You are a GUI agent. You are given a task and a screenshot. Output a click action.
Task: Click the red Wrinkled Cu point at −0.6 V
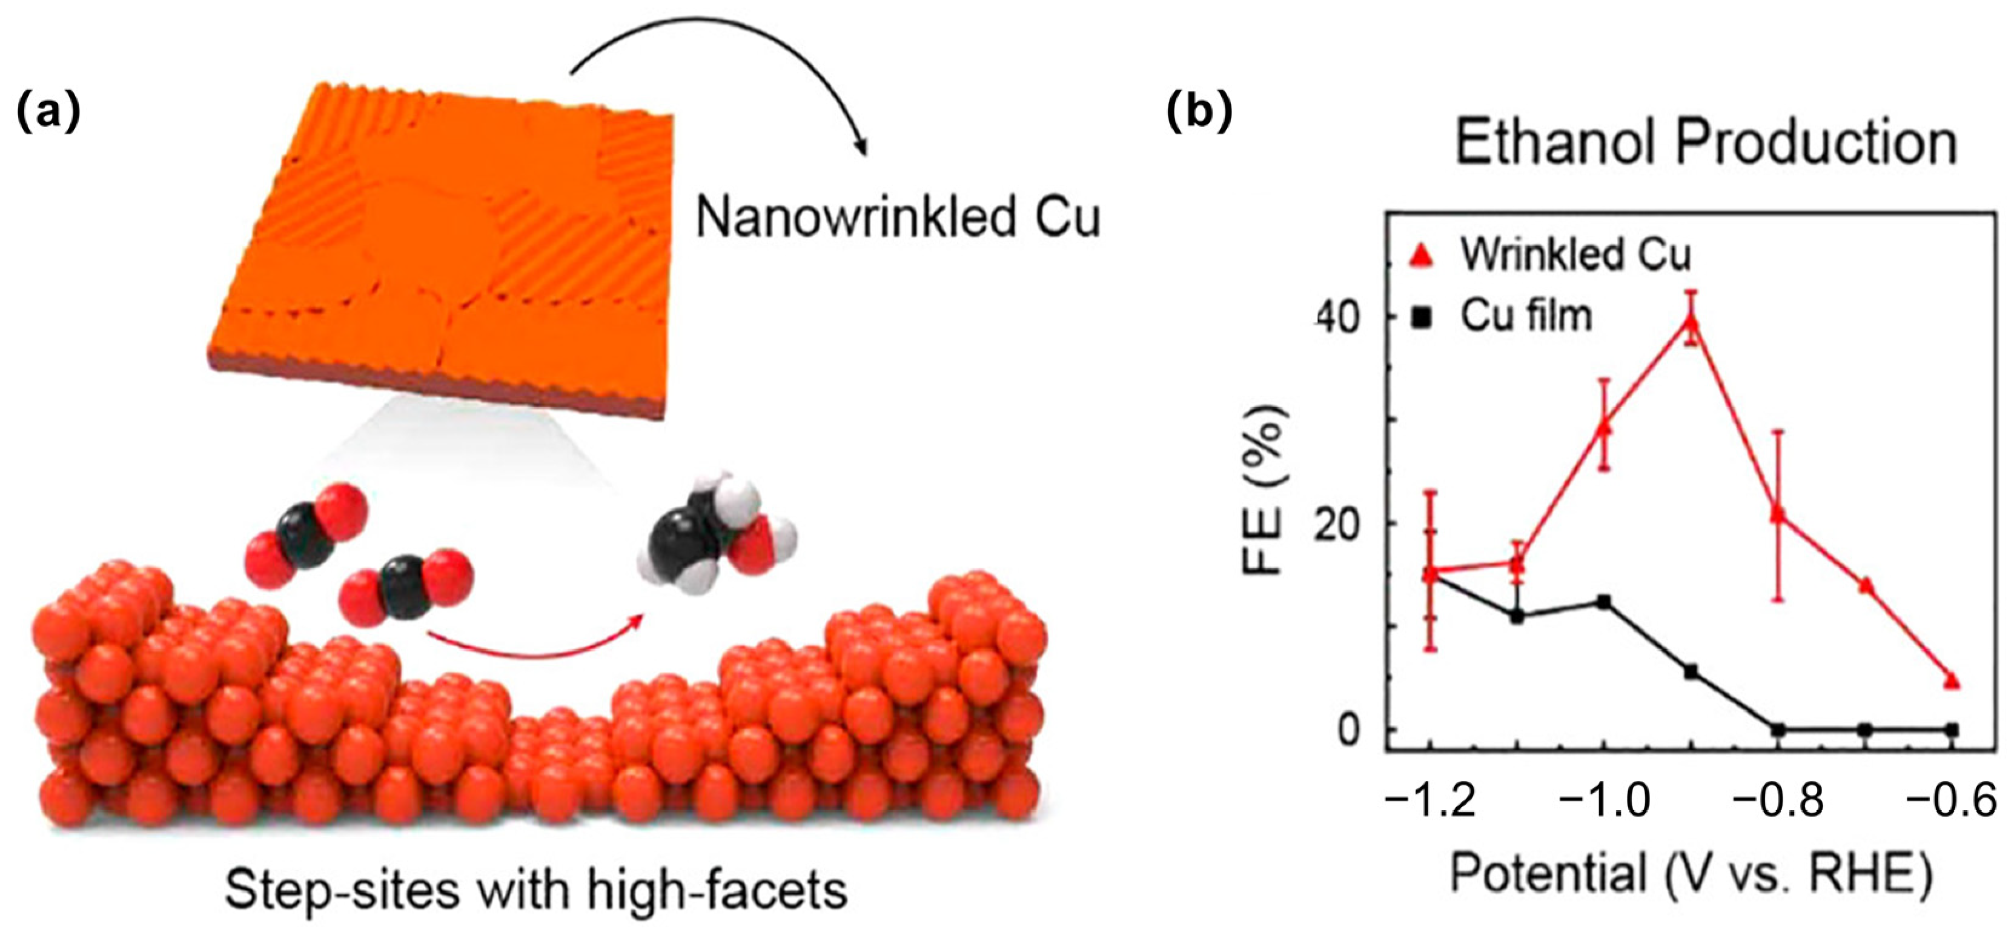[x=1952, y=681]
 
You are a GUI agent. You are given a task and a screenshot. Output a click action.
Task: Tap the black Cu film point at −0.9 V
[x=1691, y=671]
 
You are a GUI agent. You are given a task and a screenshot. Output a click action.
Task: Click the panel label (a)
[x=48, y=114]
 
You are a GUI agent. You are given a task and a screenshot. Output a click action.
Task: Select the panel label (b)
[x=1199, y=114]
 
